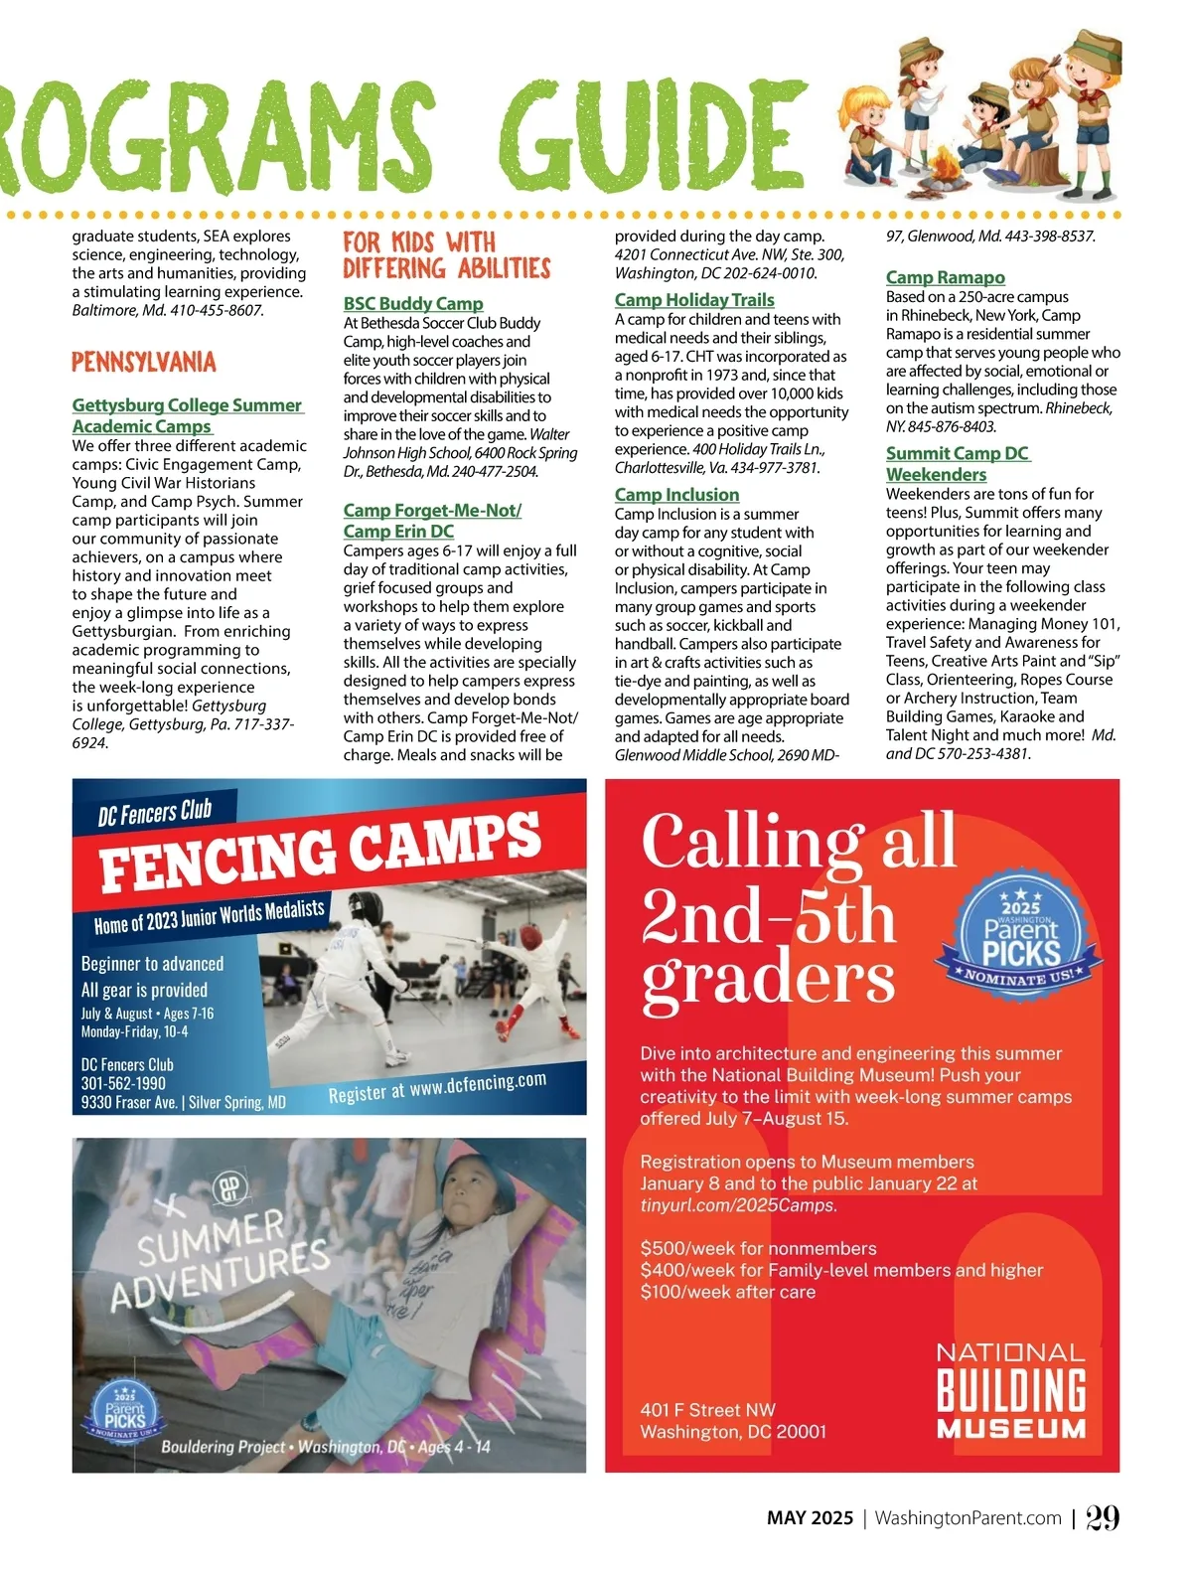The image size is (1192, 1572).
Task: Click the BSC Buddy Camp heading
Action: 413,304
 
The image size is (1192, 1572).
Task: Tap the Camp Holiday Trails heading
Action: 694,300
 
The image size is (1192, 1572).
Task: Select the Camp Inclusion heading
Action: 676,495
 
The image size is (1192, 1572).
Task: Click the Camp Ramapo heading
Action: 945,278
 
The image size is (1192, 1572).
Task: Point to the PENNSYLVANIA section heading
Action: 144,363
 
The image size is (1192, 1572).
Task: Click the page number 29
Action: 1102,1517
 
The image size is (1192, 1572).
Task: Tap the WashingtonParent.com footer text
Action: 968,1518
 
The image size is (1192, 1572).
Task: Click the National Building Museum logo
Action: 1011,1391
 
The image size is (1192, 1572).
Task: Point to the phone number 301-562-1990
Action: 123,1083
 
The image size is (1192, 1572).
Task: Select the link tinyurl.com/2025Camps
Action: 738,1205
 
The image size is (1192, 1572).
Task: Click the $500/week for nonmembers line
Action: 758,1249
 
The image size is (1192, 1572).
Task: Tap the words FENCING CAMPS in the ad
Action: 320,851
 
